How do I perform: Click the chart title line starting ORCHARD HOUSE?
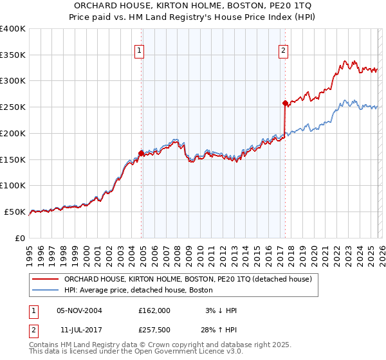tap(193, 5)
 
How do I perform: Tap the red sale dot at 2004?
tap(141, 153)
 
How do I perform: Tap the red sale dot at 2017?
tap(285, 103)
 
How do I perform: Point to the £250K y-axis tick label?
tap(13, 107)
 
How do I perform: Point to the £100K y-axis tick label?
tap(13, 186)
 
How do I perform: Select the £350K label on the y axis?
tap(13, 55)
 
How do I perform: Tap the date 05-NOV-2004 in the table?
tap(79, 310)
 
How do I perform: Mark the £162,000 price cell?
tap(154, 310)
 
